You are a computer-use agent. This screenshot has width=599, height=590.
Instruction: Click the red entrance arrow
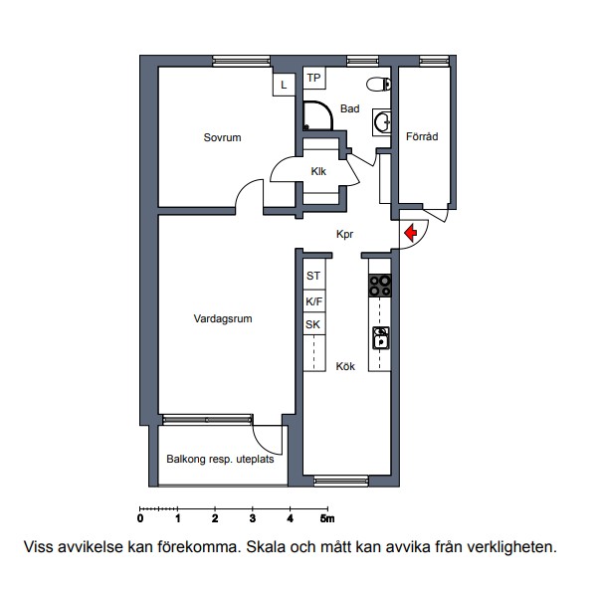click(x=411, y=233)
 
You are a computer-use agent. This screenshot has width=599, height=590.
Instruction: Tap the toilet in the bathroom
click(x=378, y=85)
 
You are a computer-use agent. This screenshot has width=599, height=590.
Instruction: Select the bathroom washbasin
click(x=382, y=122)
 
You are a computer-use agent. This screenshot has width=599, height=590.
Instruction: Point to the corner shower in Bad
click(x=317, y=115)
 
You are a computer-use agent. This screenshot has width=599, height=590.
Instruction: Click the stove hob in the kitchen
click(x=380, y=286)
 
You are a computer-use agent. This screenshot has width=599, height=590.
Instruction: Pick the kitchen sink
click(x=381, y=338)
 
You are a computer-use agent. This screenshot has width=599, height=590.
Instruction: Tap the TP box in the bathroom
click(x=314, y=78)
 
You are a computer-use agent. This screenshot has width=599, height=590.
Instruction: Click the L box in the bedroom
click(x=284, y=85)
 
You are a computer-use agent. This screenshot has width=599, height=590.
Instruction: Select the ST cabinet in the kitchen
click(x=314, y=275)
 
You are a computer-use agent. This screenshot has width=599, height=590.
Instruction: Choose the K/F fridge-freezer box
click(x=314, y=301)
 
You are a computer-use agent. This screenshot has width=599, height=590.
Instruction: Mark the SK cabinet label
click(x=312, y=324)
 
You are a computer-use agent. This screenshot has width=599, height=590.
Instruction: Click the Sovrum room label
click(x=222, y=137)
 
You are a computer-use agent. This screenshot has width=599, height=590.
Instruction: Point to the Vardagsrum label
click(x=223, y=318)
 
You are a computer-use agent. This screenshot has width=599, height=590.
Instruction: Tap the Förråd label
click(x=422, y=136)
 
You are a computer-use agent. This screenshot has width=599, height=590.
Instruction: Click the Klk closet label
click(x=318, y=171)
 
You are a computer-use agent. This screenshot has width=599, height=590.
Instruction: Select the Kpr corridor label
click(x=344, y=234)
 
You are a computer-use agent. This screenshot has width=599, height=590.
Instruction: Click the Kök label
click(x=345, y=366)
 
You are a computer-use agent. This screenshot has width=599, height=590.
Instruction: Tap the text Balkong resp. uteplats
click(x=220, y=459)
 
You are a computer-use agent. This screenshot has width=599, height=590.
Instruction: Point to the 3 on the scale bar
click(x=253, y=518)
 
